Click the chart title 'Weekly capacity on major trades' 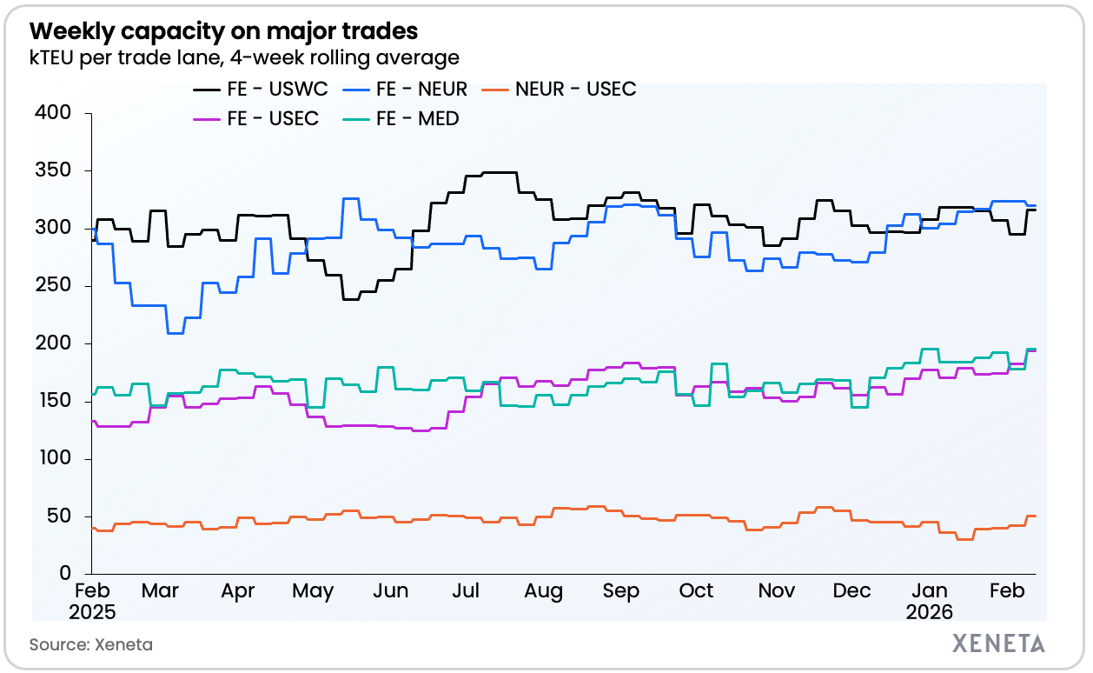[224, 32]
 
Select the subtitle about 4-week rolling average [244, 58]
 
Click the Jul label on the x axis [467, 591]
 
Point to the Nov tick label [777, 591]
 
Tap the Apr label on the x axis [238, 591]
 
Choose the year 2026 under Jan [929, 612]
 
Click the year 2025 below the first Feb [92, 612]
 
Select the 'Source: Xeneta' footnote [91, 644]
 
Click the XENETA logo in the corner [999, 643]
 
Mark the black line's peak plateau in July [499, 172]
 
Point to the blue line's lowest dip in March [175, 333]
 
